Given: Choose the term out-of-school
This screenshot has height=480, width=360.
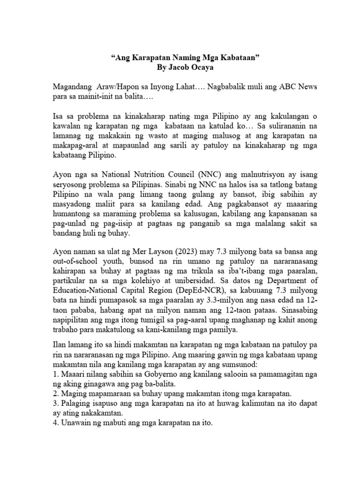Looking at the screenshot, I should pos(75,273).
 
